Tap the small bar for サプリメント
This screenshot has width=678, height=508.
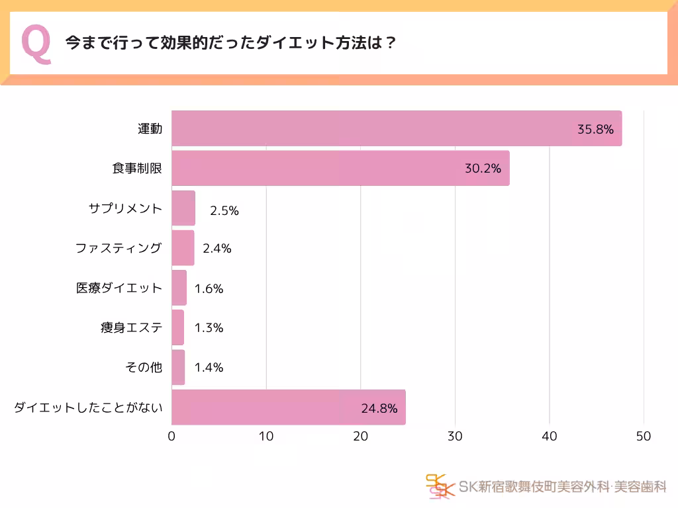183,208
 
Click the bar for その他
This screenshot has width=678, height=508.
178,368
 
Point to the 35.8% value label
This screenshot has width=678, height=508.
595,129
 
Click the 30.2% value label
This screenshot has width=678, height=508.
483,169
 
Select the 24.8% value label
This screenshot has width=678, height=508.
379,408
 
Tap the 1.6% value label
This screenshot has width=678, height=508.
209,288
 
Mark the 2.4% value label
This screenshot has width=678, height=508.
217,249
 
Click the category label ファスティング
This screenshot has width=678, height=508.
119,248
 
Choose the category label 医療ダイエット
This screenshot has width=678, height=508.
119,288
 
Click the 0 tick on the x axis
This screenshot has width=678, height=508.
171,437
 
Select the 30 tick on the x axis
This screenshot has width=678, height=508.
455,437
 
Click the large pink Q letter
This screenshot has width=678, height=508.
36,44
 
